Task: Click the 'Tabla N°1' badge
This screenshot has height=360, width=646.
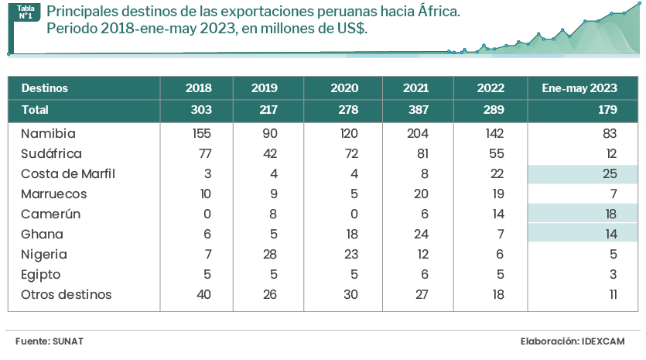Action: click(25, 11)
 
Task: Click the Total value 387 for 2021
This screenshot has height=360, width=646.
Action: click(415, 110)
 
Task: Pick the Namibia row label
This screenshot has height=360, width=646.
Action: click(48, 134)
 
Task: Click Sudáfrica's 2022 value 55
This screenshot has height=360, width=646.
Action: click(496, 154)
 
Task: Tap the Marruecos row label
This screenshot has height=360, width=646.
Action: click(54, 194)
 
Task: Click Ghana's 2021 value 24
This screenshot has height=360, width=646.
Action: click(420, 235)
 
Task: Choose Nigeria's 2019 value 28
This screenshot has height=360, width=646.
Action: click(269, 255)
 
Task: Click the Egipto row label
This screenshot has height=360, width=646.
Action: click(41, 275)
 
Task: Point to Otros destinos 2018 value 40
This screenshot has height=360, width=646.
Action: click(203, 295)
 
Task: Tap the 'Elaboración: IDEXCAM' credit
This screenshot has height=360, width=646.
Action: click(572, 341)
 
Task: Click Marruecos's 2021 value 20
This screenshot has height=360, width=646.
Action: click(420, 194)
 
